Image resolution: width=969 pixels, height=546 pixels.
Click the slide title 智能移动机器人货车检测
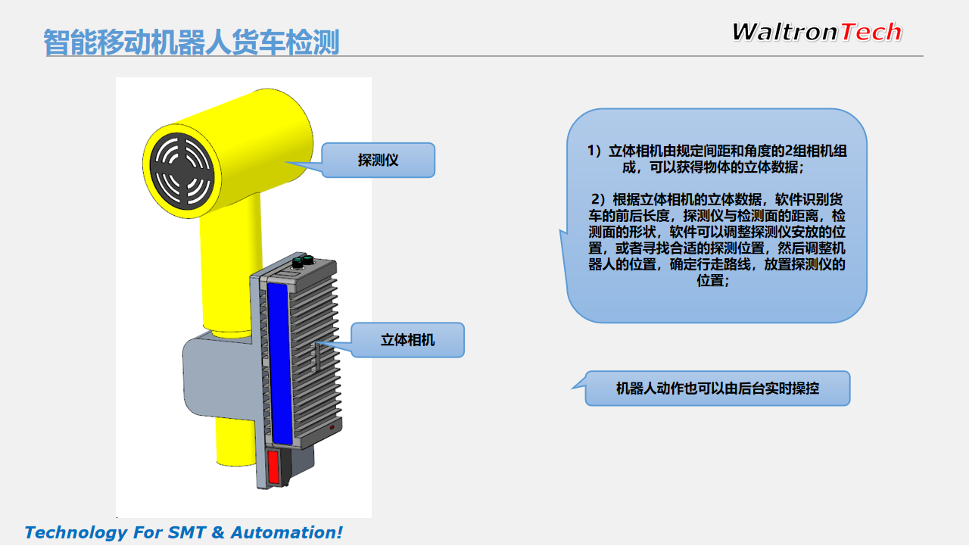pyautogui.click(x=192, y=42)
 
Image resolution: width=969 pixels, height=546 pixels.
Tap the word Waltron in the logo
pyautogui.click(x=785, y=32)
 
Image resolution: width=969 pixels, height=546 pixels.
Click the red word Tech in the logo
pyautogui.click(x=871, y=32)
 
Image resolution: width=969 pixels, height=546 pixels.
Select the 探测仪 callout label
pyautogui.click(x=378, y=160)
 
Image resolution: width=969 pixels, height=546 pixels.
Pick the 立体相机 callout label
pyautogui.click(x=407, y=340)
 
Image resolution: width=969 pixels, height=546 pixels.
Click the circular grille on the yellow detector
pyautogui.click(x=182, y=171)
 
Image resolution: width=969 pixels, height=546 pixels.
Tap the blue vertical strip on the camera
pyautogui.click(x=279, y=363)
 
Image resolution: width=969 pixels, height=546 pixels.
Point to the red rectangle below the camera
pyautogui.click(x=273, y=466)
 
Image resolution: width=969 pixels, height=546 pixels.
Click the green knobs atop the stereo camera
pyautogui.click(x=302, y=261)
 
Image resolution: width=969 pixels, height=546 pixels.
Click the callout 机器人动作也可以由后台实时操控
pyautogui.click(x=718, y=388)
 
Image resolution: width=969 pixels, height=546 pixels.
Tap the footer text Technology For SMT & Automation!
pyautogui.click(x=183, y=532)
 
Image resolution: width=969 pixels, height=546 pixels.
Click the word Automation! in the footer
pyautogui.click(x=286, y=532)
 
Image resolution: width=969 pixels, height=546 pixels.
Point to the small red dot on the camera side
pyautogui.click(x=332, y=427)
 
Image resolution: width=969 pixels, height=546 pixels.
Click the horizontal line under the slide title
pyautogui.click(x=484, y=56)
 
